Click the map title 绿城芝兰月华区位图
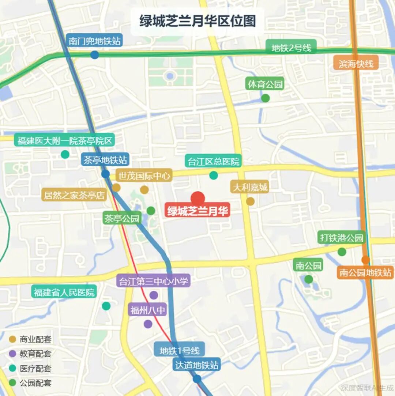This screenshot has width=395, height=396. pyautogui.click(x=197, y=21)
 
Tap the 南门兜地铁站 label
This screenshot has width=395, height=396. pyautogui.click(x=95, y=41)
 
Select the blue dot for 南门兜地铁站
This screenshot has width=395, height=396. pyautogui.click(x=94, y=55)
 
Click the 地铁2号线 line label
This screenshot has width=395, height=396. pyautogui.click(x=291, y=48)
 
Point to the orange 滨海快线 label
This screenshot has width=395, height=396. pyautogui.click(x=356, y=64)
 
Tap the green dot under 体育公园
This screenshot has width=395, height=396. pyautogui.click(x=266, y=98)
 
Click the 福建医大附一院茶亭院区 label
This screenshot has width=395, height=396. pyautogui.click(x=64, y=141)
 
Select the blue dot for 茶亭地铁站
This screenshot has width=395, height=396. pyautogui.click(x=105, y=174)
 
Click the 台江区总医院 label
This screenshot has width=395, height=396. pyautogui.click(x=213, y=161)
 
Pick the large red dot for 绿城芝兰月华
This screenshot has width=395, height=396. pyautogui.click(x=198, y=199)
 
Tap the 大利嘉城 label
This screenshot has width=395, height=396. pyautogui.click(x=250, y=188)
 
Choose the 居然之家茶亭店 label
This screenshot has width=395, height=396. pyautogui.click(x=74, y=195)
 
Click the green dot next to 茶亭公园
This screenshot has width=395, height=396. pyautogui.click(x=151, y=211)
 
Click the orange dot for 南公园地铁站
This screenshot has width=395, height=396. pyautogui.click(x=365, y=260)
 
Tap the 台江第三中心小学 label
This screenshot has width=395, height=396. pyautogui.click(x=154, y=281)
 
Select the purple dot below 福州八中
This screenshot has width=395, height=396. pyautogui.click(x=148, y=324)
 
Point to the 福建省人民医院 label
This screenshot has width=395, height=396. pyautogui.click(x=64, y=292)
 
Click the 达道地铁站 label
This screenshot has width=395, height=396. pyautogui.click(x=197, y=365)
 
